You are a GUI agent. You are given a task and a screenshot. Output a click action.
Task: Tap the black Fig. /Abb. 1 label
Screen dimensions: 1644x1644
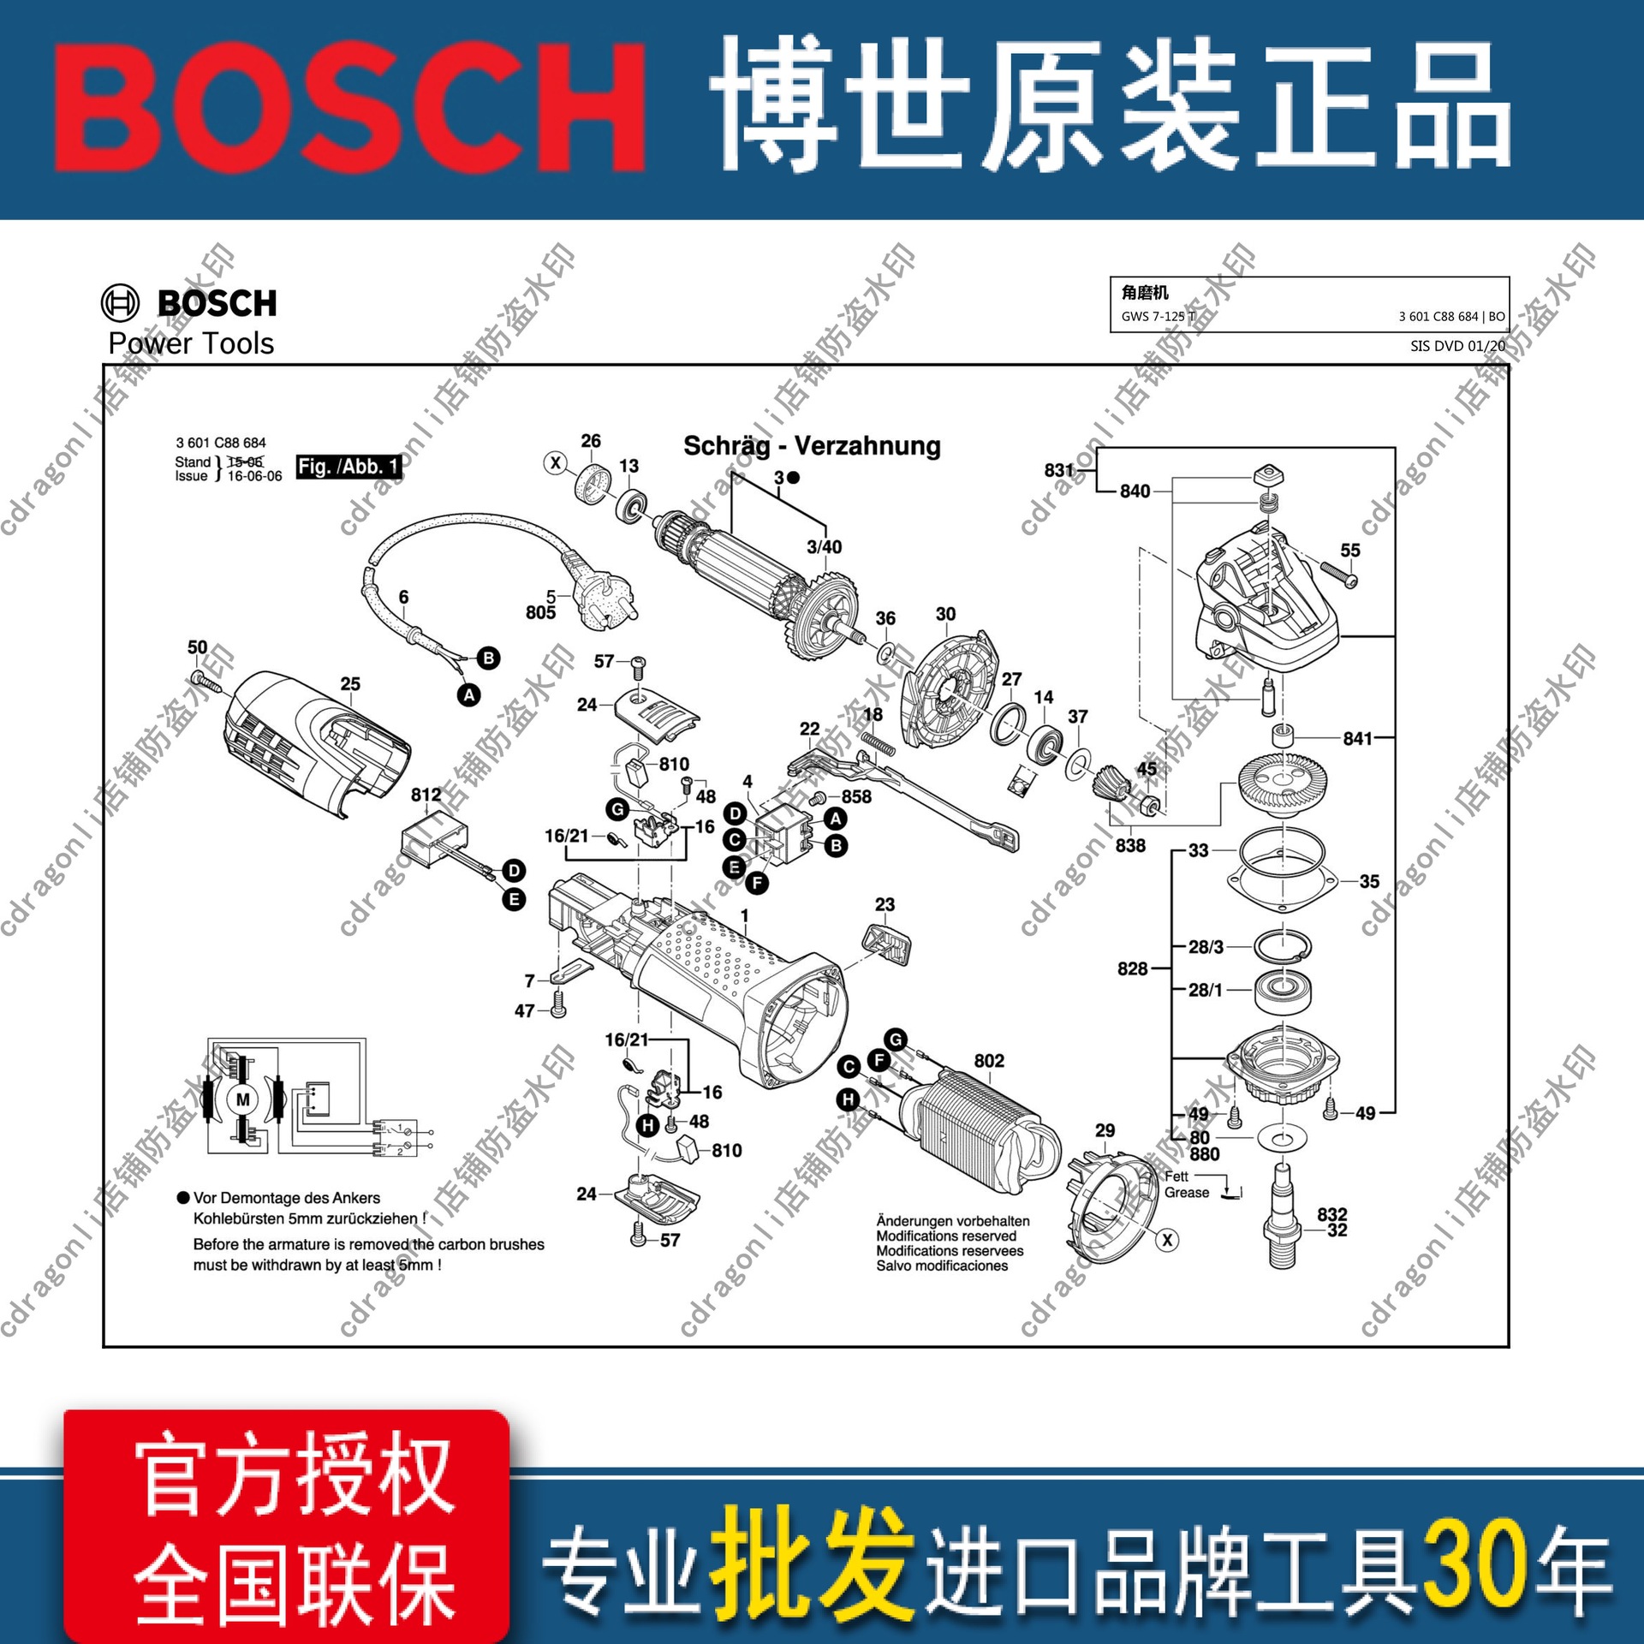pos(348,467)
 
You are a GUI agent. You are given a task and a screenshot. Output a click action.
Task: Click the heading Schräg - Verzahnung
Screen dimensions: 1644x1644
pos(811,446)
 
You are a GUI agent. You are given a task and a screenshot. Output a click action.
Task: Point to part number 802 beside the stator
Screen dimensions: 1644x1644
pos(989,1061)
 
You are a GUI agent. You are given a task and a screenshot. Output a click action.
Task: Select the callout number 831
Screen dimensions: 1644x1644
pos(1058,470)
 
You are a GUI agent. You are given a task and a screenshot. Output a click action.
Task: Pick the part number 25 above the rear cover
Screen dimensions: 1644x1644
pos(350,684)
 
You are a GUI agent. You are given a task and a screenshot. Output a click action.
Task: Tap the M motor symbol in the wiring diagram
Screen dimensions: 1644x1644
pos(243,1099)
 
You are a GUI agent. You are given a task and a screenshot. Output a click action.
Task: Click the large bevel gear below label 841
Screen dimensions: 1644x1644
pos(1283,783)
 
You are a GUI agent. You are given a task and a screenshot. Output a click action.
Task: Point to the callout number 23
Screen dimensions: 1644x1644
pos(885,904)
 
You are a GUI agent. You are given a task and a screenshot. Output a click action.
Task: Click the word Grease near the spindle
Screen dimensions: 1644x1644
pos(1187,1193)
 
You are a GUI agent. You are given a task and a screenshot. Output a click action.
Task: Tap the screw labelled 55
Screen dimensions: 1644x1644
pos(1339,574)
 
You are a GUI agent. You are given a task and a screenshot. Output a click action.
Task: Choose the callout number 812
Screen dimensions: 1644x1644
pos(426,795)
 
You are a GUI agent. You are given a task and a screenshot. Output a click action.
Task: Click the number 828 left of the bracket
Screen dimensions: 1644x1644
pos(1132,968)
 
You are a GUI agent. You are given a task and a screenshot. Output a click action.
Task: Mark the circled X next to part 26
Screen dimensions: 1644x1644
pos(556,463)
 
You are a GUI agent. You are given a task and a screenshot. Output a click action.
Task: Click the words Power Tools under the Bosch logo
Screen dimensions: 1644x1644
pos(191,344)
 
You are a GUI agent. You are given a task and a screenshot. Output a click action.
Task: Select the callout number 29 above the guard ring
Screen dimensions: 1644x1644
pos(1105,1130)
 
